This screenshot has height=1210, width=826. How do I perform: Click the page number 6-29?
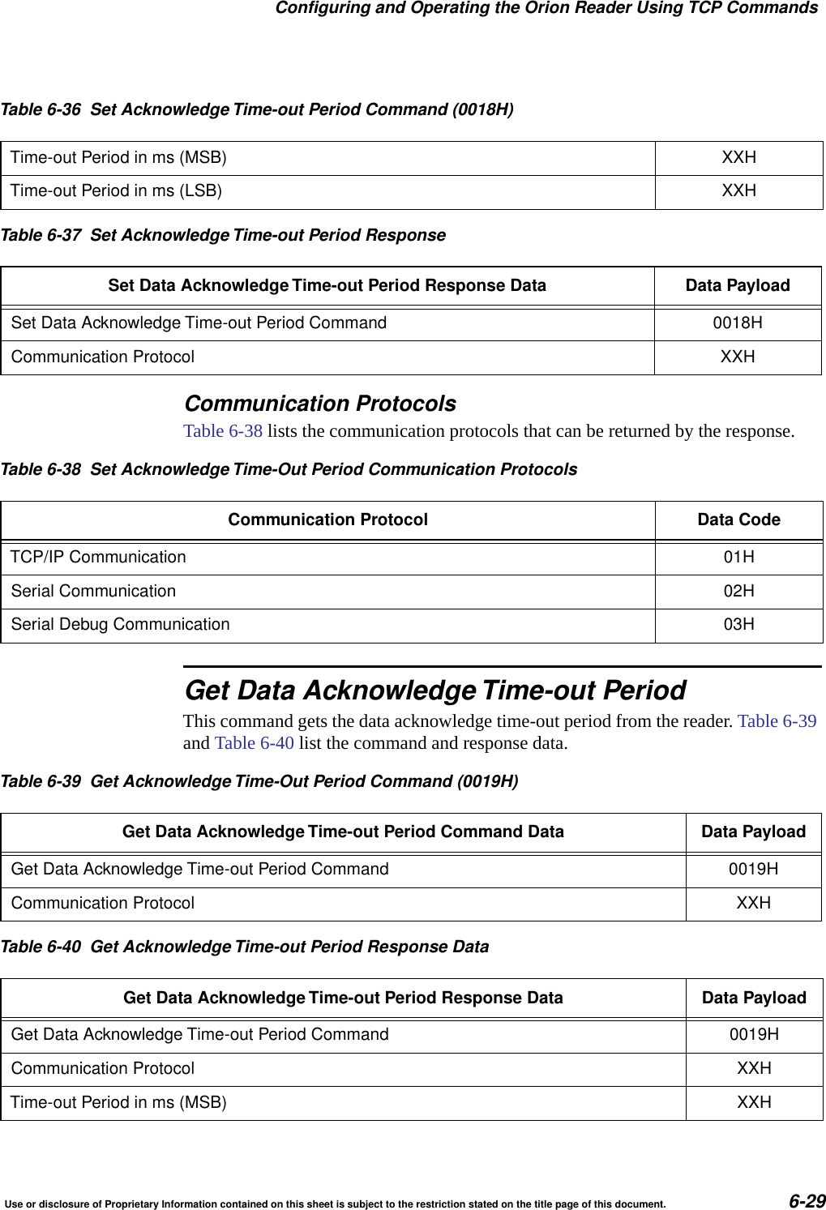(x=807, y=1200)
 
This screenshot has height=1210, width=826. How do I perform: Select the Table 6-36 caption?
(x=257, y=109)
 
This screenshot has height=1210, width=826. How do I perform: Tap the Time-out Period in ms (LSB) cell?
(x=116, y=191)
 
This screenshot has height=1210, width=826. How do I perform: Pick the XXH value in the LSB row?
(x=738, y=191)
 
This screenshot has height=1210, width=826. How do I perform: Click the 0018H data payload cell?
(x=737, y=323)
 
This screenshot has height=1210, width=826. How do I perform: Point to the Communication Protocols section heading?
(x=320, y=404)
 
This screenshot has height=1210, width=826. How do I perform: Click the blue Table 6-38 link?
(x=223, y=431)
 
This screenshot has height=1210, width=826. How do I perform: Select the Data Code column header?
(x=738, y=520)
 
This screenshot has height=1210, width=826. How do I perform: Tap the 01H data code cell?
(x=738, y=558)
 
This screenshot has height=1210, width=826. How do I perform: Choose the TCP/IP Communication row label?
(x=98, y=558)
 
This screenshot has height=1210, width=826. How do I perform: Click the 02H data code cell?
(x=738, y=592)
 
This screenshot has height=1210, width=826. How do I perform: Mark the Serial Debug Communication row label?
(x=120, y=625)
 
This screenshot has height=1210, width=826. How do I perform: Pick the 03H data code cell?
(x=738, y=625)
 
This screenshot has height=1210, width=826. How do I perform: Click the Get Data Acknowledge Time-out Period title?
(x=435, y=691)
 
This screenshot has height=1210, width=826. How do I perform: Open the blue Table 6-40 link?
(x=254, y=743)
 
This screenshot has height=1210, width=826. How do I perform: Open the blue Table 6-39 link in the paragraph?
(x=777, y=721)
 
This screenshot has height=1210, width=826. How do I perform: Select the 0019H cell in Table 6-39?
(x=753, y=870)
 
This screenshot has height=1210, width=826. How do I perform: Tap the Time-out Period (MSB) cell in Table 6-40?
(x=118, y=1103)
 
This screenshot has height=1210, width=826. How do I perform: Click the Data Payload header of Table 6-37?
(x=737, y=286)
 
